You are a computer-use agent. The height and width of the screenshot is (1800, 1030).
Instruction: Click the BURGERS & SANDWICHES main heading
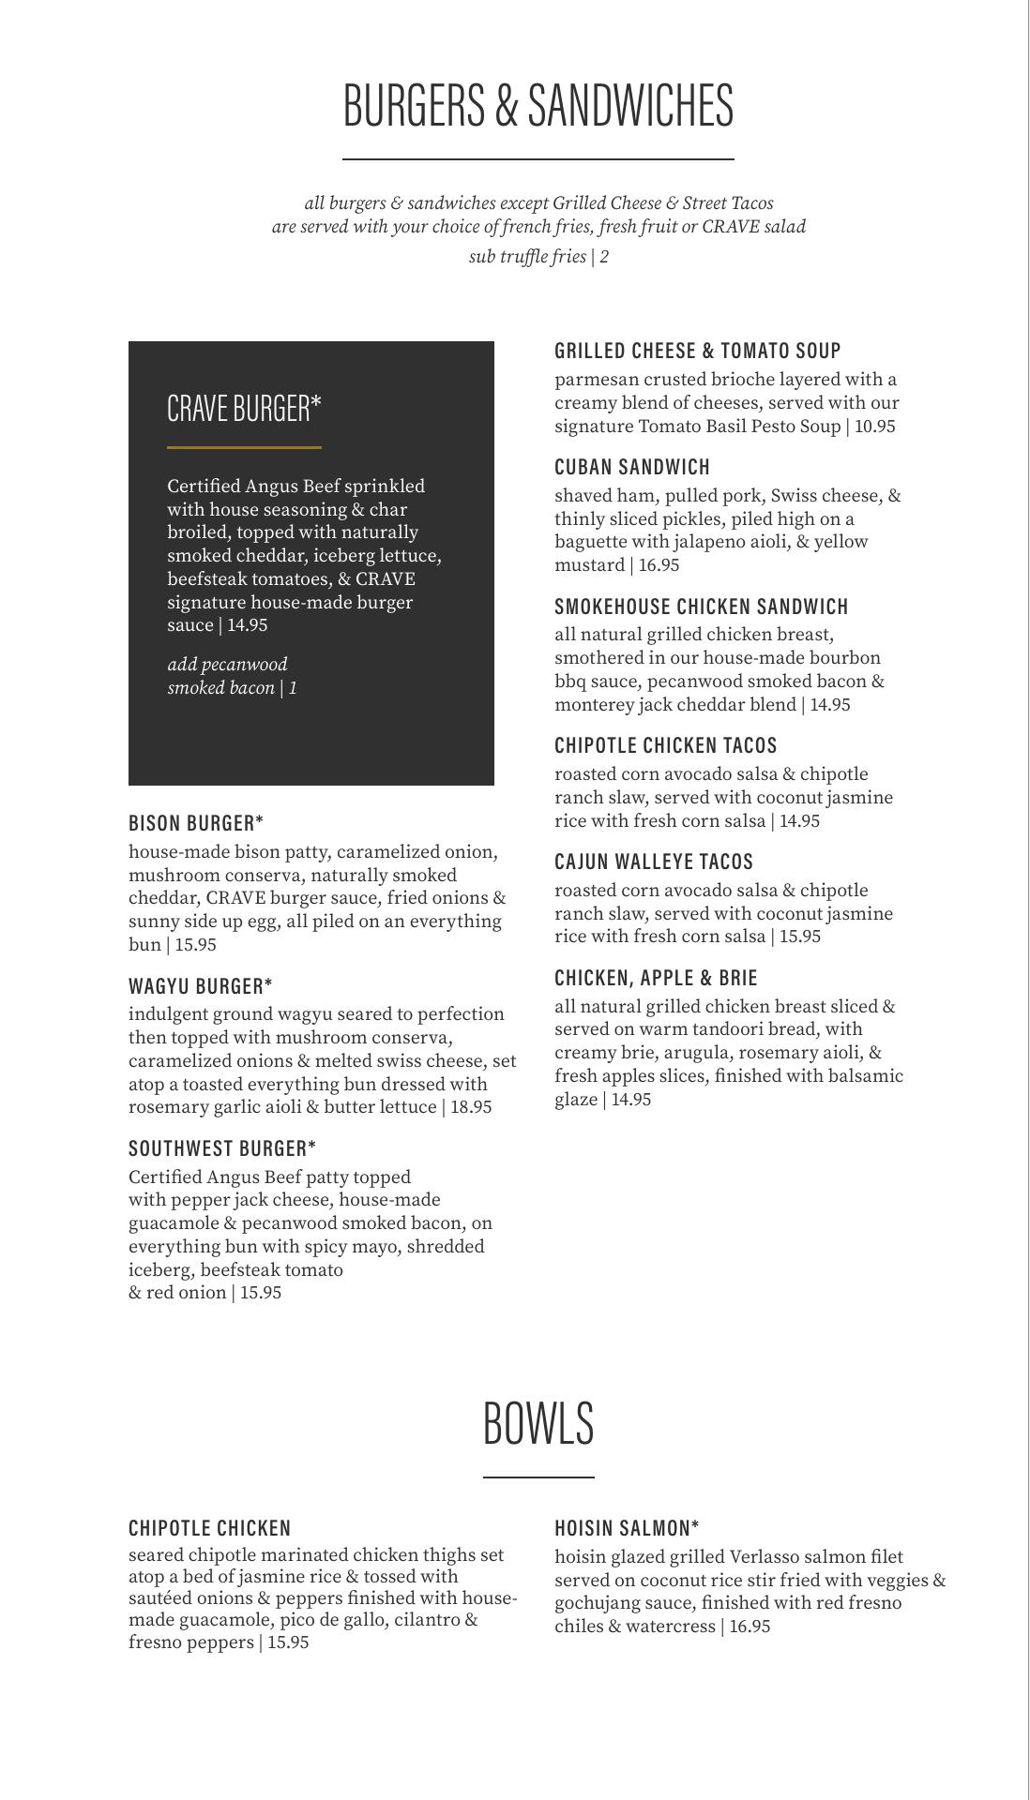538,104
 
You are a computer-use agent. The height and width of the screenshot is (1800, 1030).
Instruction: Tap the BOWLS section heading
538,1422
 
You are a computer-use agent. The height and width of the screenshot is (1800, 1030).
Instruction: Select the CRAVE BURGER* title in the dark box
244,409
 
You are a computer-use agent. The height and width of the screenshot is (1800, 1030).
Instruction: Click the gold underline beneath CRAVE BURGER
244,448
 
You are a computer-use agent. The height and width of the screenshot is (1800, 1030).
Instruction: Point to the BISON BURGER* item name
196,823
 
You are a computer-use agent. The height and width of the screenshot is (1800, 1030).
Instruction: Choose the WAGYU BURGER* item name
201,986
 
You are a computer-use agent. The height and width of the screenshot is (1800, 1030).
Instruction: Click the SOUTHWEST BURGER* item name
222,1148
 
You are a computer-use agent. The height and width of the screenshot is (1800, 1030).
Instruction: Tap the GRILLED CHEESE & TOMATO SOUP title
698,351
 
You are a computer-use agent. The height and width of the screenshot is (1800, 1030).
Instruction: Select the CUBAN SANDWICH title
632,467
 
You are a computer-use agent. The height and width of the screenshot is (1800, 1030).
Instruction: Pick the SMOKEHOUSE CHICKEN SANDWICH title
702,607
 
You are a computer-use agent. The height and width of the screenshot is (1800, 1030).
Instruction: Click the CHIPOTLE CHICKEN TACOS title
666,745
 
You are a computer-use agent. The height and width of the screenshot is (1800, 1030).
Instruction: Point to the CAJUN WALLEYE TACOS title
654,862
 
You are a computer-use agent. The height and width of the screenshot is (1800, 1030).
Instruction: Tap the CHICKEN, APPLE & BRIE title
656,978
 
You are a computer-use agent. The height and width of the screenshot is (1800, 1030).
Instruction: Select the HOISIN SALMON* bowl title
627,1528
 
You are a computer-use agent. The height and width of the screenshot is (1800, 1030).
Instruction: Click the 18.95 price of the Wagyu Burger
471,1107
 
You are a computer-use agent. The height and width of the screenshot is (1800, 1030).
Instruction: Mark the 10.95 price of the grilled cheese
875,427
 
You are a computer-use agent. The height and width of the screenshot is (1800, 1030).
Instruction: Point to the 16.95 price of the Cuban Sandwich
659,565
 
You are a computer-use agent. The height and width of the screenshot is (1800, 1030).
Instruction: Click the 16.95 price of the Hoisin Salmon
750,1627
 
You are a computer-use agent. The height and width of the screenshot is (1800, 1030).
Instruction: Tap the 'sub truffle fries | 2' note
538,257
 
